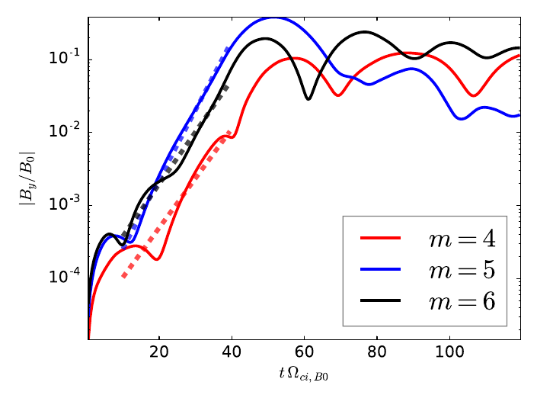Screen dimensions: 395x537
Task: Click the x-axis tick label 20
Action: (159, 353)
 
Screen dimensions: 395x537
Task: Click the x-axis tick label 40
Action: (232, 353)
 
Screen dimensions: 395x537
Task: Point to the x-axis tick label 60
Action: (304, 353)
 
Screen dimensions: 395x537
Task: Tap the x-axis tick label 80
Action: (376, 353)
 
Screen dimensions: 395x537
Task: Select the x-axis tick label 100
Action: (449, 353)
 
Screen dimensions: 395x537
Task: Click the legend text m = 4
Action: (459, 239)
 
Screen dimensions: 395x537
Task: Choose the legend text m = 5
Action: (459, 270)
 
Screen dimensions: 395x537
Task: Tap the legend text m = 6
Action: (459, 301)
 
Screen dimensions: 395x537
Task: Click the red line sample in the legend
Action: (379, 239)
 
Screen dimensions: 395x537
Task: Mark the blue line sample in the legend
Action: (379, 270)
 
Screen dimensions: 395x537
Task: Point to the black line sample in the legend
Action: (379, 301)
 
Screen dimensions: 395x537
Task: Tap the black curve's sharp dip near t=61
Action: (308, 98)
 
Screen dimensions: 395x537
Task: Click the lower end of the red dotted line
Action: (123, 276)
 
